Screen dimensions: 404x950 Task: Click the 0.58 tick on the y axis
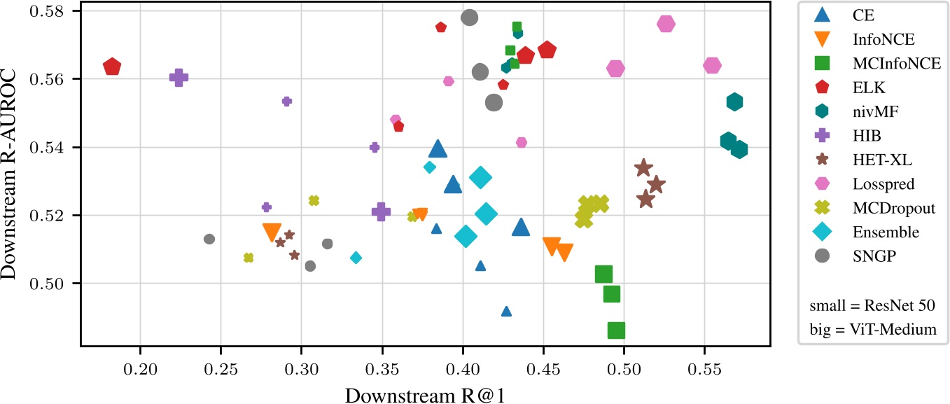pos(57,11)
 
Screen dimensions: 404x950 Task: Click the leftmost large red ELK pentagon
pos(112,67)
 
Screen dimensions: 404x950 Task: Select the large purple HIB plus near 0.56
pos(179,78)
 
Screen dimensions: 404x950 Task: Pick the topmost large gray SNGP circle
pos(470,18)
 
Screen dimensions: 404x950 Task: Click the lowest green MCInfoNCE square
pos(616,330)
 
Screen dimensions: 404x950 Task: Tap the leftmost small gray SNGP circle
pos(209,239)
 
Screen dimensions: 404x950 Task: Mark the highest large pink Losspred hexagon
pos(666,24)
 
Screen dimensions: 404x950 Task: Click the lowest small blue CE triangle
pos(506,312)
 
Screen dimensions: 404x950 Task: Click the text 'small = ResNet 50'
pos(872,306)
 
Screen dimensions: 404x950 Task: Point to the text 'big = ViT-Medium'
pos(872,329)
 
